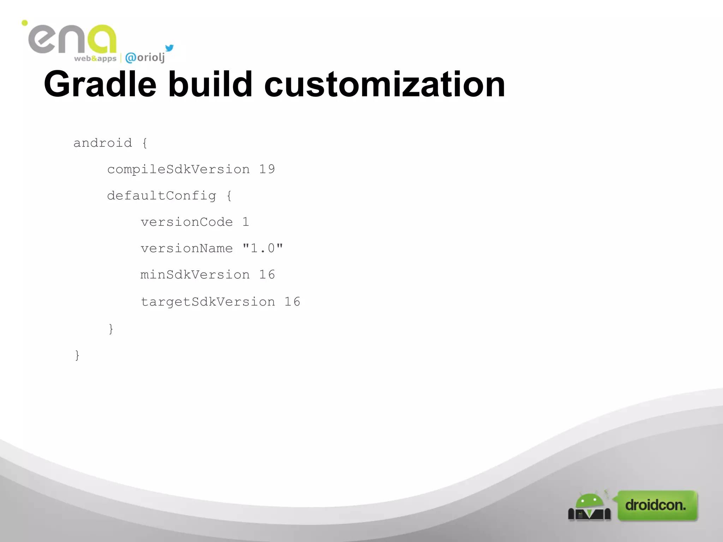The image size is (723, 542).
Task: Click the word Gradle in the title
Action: click(x=100, y=85)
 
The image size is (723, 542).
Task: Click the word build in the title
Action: click(x=210, y=85)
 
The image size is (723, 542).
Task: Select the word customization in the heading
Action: click(x=384, y=85)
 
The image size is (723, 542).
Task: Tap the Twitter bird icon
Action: click(x=169, y=48)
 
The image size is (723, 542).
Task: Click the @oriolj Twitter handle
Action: click(x=145, y=58)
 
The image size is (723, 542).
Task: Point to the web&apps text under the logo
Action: click(x=95, y=59)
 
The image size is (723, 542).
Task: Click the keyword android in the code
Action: click(x=102, y=143)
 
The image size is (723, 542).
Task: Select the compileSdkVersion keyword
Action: click(x=178, y=169)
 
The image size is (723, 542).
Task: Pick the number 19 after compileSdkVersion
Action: click(x=267, y=169)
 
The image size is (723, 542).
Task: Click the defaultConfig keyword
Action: click(x=161, y=195)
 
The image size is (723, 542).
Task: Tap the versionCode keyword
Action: click(x=186, y=222)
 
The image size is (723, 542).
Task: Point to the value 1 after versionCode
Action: click(x=246, y=222)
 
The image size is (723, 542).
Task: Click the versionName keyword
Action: click(x=186, y=248)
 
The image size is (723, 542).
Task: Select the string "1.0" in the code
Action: click(x=263, y=248)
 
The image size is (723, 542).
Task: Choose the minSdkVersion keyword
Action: click(x=195, y=275)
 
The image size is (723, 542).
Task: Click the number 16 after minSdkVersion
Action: click(x=267, y=275)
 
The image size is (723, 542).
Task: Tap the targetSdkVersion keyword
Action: click(x=208, y=302)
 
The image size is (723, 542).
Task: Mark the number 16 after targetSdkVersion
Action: click(x=292, y=302)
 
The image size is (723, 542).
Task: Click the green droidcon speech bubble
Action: click(x=657, y=505)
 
